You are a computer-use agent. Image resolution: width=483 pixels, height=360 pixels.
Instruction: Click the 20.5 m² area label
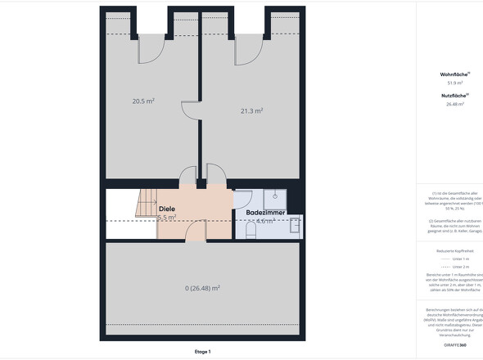143,101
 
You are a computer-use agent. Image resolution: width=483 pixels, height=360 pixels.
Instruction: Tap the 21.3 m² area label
251,110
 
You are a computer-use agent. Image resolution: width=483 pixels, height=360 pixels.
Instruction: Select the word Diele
167,209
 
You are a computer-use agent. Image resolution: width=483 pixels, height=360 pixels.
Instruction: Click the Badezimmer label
265,213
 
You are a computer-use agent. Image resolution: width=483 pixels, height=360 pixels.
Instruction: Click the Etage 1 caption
202,351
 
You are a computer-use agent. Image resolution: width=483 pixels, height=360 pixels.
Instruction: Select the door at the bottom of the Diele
196,232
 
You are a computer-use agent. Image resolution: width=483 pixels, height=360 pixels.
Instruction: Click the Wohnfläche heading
455,74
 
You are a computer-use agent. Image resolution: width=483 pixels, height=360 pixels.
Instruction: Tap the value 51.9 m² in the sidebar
455,83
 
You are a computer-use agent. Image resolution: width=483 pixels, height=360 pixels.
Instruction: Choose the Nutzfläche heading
455,96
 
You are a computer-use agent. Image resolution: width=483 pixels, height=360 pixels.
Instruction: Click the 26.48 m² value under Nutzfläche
455,104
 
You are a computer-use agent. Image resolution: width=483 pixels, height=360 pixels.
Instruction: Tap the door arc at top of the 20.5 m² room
148,49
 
